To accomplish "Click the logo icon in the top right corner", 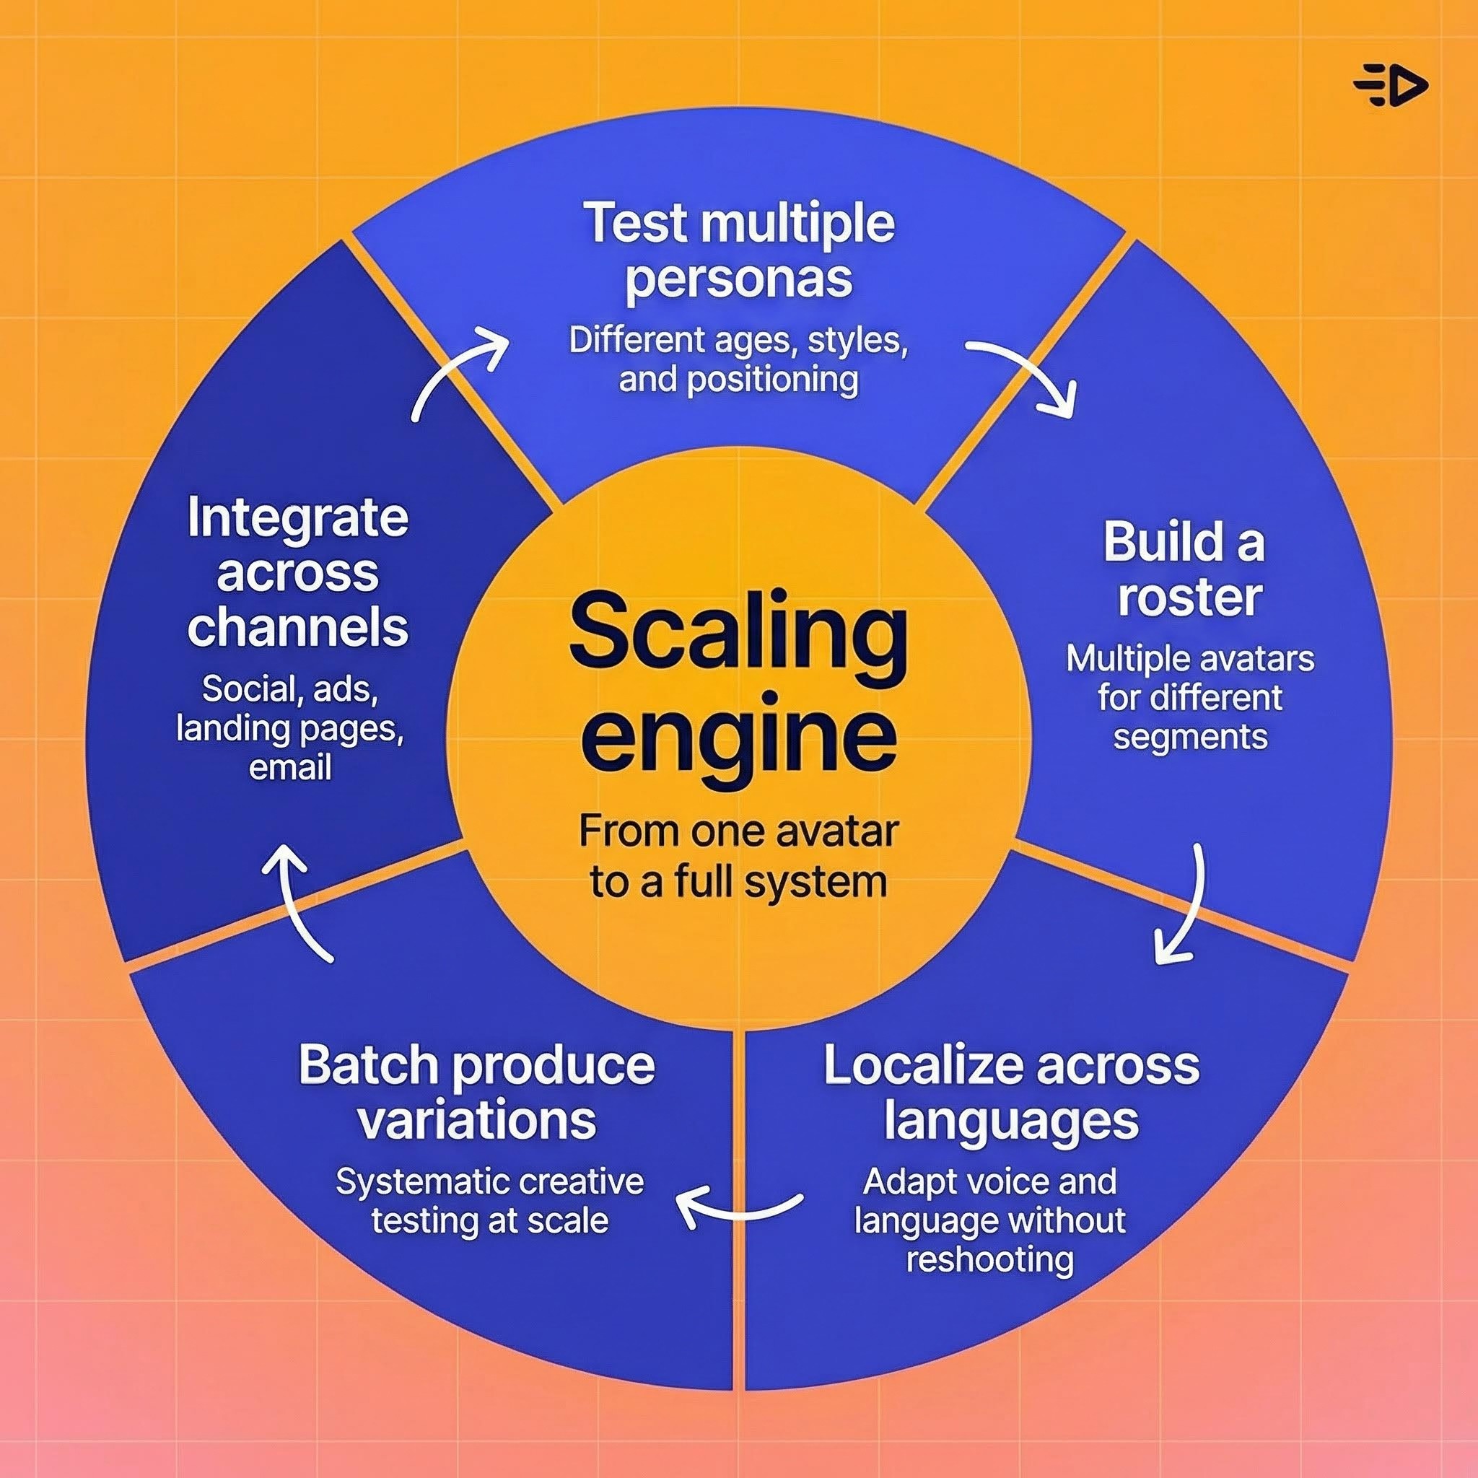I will click(1390, 86).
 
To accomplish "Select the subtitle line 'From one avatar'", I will click(738, 831).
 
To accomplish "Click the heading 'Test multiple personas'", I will click(738, 250).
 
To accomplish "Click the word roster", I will click(1189, 598).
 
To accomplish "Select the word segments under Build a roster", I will click(1190, 737).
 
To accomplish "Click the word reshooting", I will click(990, 1259).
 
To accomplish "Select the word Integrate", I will click(297, 518).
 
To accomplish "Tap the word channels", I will click(297, 627).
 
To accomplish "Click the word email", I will click(290, 767).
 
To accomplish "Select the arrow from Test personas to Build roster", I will click(1025, 375).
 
